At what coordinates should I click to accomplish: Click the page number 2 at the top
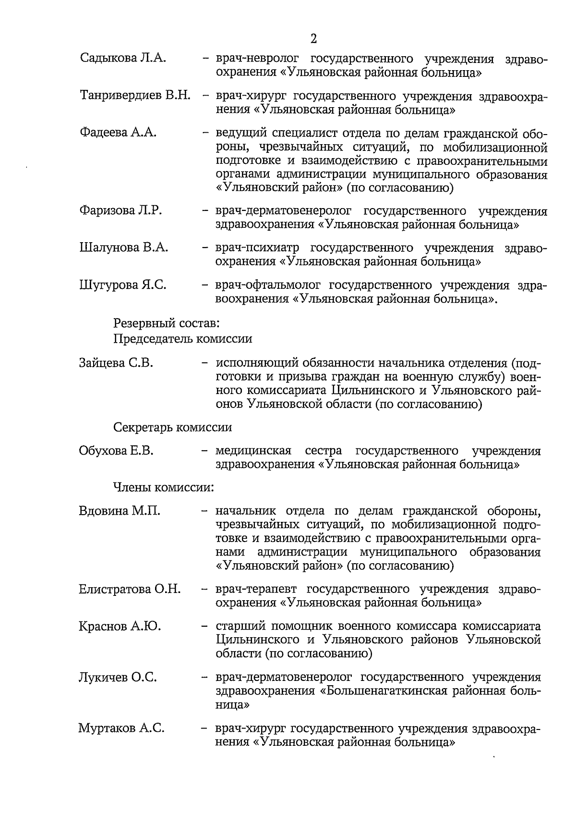tap(313, 39)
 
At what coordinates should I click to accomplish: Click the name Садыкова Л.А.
tap(123, 59)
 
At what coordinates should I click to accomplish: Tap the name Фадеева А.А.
tap(118, 133)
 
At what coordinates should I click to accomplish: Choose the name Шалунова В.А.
tap(123, 247)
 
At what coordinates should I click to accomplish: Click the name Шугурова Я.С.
tap(122, 285)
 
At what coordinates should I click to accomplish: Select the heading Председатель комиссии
tap(182, 339)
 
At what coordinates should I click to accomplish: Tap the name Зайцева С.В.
tap(116, 363)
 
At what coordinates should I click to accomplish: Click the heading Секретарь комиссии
tap(172, 427)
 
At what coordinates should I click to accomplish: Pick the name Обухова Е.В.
tap(116, 451)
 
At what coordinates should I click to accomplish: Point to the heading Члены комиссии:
tap(163, 487)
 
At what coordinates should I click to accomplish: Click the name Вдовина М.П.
tap(119, 510)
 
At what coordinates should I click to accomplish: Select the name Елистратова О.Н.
tap(130, 589)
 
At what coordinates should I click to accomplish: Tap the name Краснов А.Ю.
tap(120, 626)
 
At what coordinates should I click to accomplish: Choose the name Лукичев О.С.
tap(118, 678)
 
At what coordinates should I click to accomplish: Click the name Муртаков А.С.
tap(121, 729)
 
